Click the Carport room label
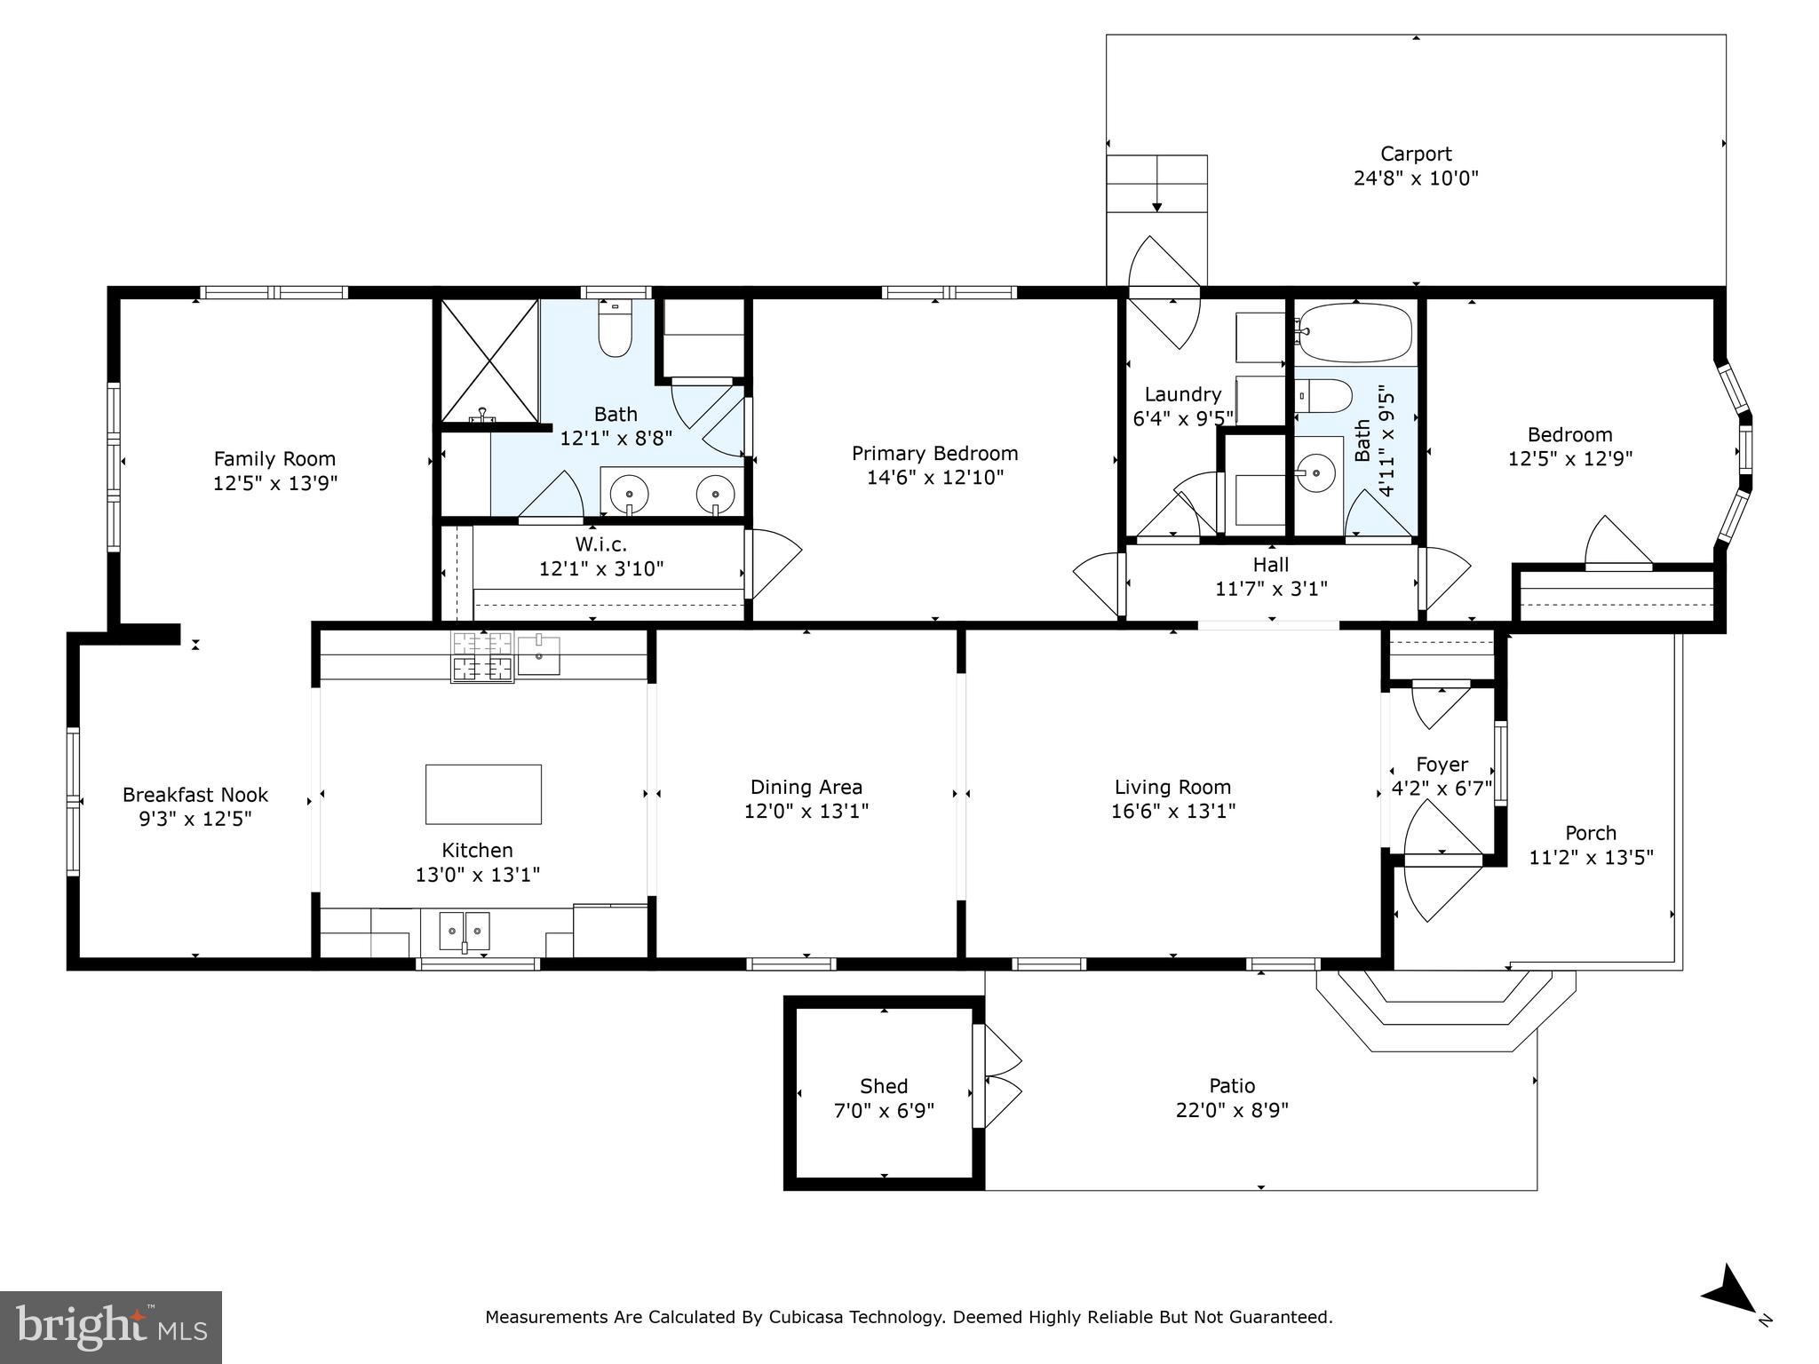(x=1416, y=155)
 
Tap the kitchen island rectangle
(x=483, y=794)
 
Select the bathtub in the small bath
(x=1354, y=332)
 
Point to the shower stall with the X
(x=490, y=361)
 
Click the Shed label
(x=884, y=1086)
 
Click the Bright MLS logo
(x=111, y=1328)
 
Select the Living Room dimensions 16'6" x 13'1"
(x=1173, y=811)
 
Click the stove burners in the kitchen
(x=482, y=656)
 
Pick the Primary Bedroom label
(x=935, y=454)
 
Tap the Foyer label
(x=1442, y=765)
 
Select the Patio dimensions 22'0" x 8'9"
(x=1232, y=1110)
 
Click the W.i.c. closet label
(x=601, y=544)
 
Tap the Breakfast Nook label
(x=195, y=795)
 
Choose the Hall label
(x=1271, y=564)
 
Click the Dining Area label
(x=806, y=787)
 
